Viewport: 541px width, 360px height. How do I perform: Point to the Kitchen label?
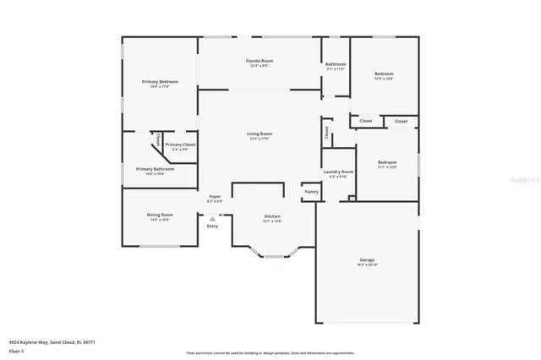tap(272, 217)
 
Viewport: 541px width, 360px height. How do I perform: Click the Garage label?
tap(367, 260)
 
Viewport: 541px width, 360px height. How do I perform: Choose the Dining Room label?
tap(161, 215)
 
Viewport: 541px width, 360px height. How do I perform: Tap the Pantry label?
tap(312, 192)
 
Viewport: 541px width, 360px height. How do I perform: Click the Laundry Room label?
tap(338, 172)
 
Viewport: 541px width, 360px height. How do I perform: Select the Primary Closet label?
tap(180, 145)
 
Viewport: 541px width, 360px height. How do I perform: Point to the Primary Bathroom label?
tap(155, 169)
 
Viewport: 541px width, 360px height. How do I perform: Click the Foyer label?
tap(215, 197)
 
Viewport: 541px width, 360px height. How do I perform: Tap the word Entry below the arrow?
tap(212, 226)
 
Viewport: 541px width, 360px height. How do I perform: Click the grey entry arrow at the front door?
tap(212, 218)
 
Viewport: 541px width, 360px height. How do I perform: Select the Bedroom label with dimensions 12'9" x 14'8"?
tap(384, 74)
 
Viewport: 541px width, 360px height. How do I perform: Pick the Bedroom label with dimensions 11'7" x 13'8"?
tap(387, 162)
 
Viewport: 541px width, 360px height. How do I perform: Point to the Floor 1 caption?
tap(17, 350)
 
